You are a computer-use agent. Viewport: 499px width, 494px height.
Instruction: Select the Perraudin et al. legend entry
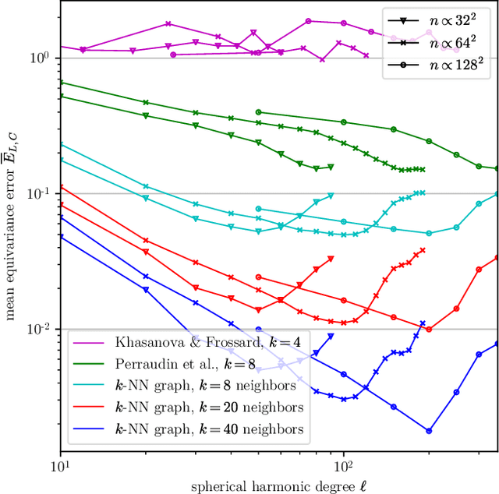click(x=171, y=365)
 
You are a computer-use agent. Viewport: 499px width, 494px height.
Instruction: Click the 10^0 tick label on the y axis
click(x=40, y=58)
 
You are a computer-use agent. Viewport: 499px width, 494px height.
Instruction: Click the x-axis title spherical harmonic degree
click(x=278, y=486)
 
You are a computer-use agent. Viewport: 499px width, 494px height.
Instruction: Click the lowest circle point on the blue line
click(x=429, y=430)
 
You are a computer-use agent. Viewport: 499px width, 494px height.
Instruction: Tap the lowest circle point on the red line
click(x=429, y=328)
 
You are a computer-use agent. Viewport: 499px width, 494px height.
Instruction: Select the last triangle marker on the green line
click(x=331, y=167)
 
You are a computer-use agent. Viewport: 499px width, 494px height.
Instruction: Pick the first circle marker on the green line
click(x=259, y=112)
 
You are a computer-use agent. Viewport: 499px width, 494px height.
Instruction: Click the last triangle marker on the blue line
click(x=331, y=336)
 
